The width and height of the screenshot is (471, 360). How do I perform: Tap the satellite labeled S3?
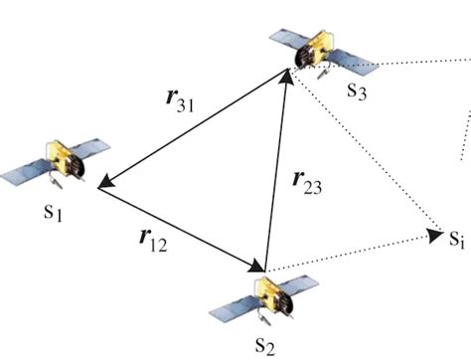click(x=317, y=50)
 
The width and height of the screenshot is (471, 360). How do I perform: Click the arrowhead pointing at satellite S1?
click(x=106, y=180)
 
